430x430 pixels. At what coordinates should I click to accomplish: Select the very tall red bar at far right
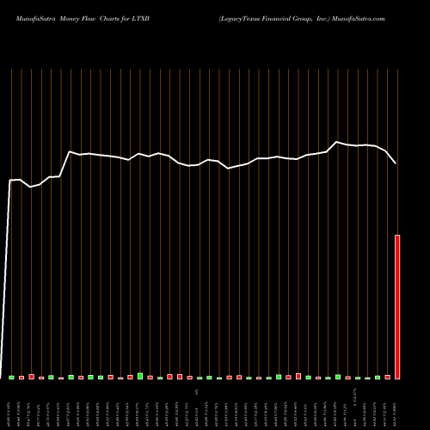397,306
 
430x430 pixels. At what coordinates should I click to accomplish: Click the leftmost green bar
12,377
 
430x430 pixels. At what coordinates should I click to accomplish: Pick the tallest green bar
140,376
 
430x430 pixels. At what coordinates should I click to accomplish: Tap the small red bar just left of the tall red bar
388,377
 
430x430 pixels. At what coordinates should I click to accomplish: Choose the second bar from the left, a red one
21,378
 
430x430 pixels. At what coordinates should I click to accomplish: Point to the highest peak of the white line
337,142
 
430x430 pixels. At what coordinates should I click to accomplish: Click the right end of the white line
396,163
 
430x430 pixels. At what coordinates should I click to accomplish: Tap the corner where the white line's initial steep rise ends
10,181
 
